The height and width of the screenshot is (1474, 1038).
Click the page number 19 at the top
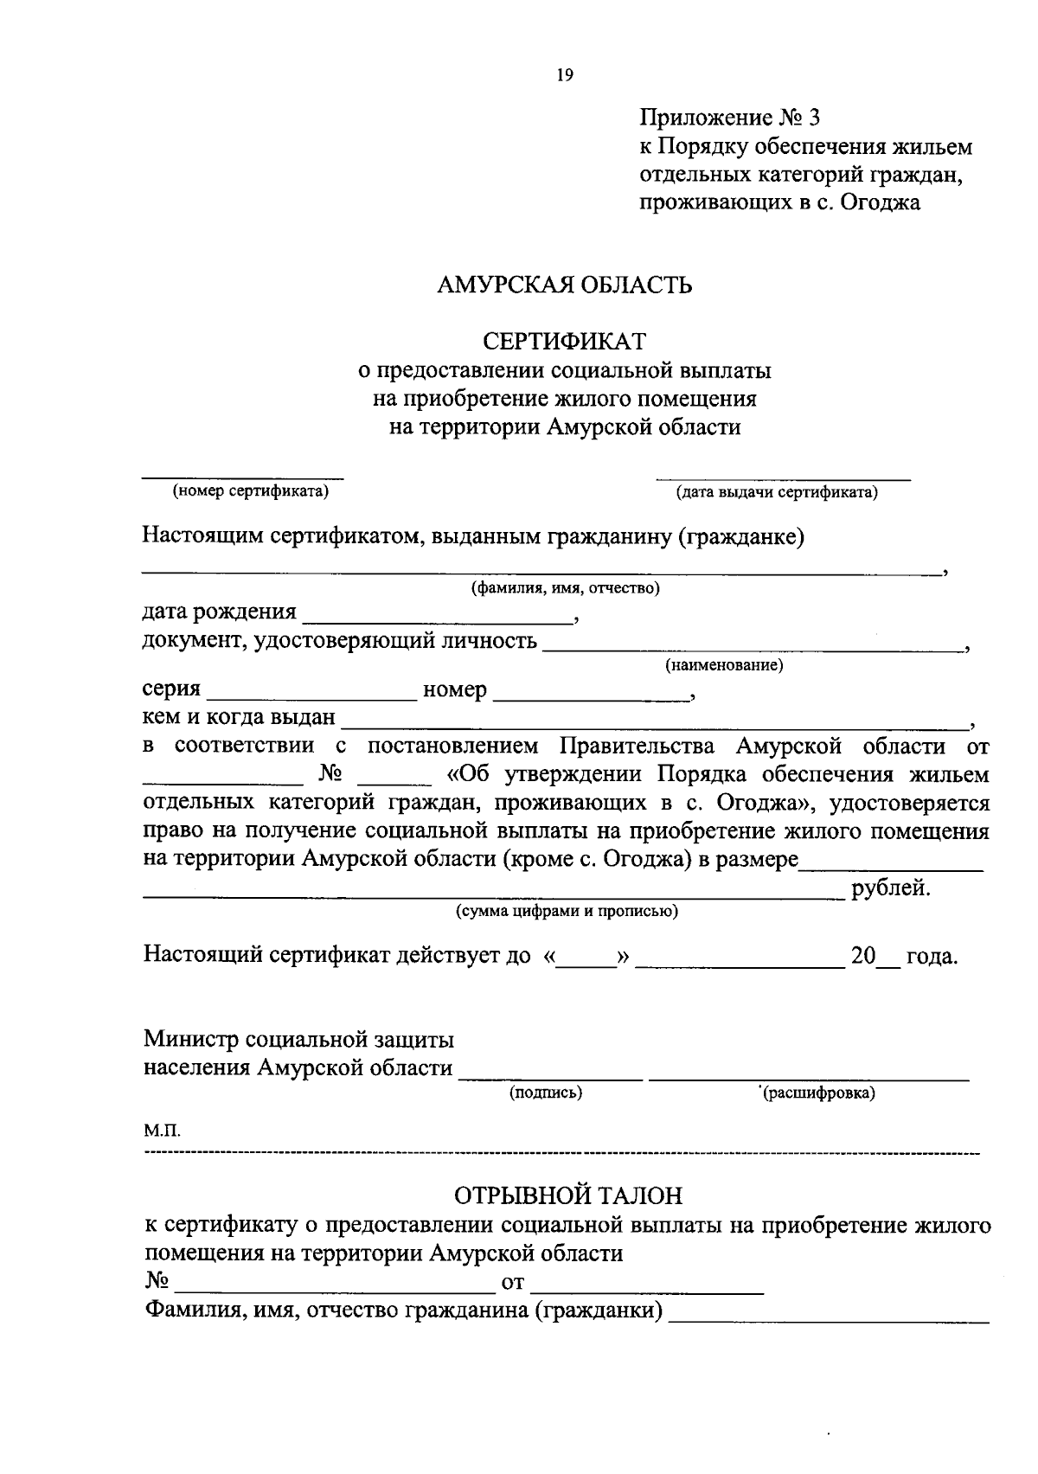[x=565, y=75]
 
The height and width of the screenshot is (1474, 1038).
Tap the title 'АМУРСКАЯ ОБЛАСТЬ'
[x=565, y=285]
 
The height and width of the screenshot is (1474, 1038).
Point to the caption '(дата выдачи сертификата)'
[x=777, y=493]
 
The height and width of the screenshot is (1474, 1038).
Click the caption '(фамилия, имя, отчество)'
[x=565, y=589]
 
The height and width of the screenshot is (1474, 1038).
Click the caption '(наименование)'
[x=723, y=665]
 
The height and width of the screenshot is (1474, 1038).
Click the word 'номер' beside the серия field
[x=454, y=691]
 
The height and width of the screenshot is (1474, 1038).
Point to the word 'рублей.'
[x=891, y=888]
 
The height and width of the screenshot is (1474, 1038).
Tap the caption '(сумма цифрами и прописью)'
[x=567, y=911]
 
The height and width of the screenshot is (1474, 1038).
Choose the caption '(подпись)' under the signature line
[x=546, y=1093]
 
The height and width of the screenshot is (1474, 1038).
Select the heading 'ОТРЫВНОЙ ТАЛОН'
[x=568, y=1195]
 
